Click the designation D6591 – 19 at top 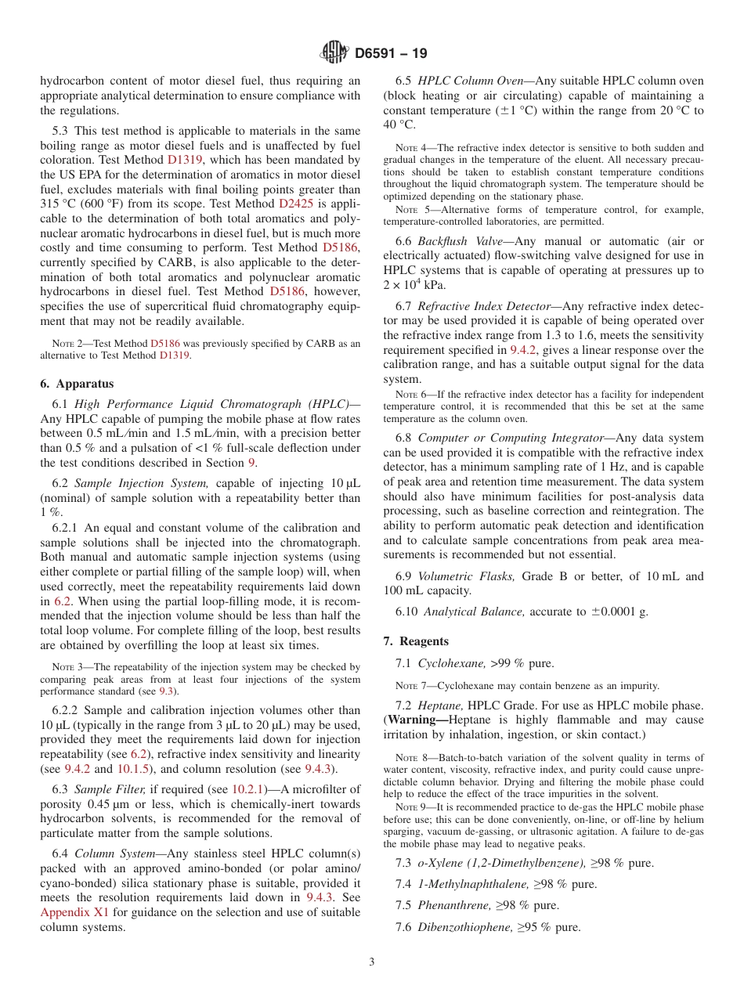coord(391,54)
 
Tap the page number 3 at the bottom coord(372,962)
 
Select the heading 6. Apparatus coord(77,384)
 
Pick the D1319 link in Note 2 coord(175,355)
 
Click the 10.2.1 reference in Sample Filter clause coord(251,789)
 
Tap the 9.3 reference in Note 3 coord(166,691)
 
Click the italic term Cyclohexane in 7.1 coord(451,663)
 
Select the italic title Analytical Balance coord(475,612)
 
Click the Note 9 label coord(410,807)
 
